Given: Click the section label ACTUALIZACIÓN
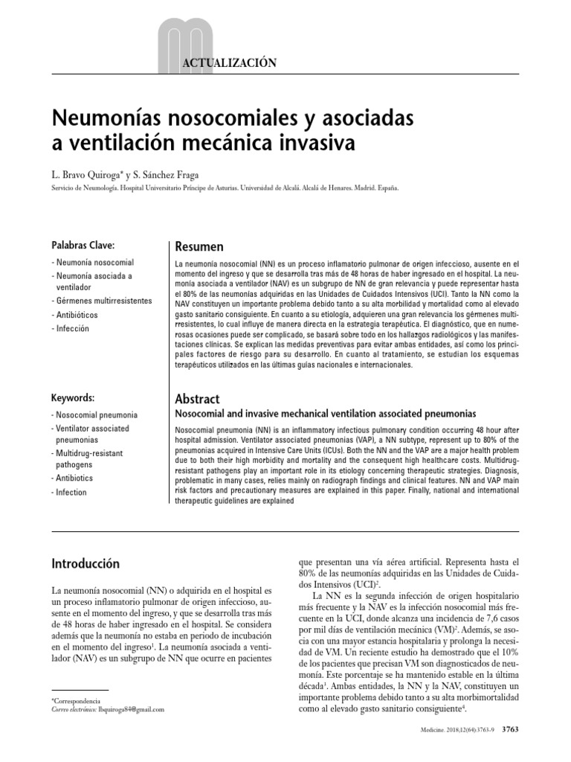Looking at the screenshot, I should coord(230,63).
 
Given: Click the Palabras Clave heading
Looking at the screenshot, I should coord(83,246).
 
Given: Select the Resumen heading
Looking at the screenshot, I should coord(199,246).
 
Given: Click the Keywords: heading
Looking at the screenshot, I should coord(73,398).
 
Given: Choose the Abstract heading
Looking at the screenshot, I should coord(197,399).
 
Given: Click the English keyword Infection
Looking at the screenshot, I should coord(69,492).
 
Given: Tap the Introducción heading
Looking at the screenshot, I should coord(85,563).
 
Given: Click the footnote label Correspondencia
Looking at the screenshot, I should coord(77,701).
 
